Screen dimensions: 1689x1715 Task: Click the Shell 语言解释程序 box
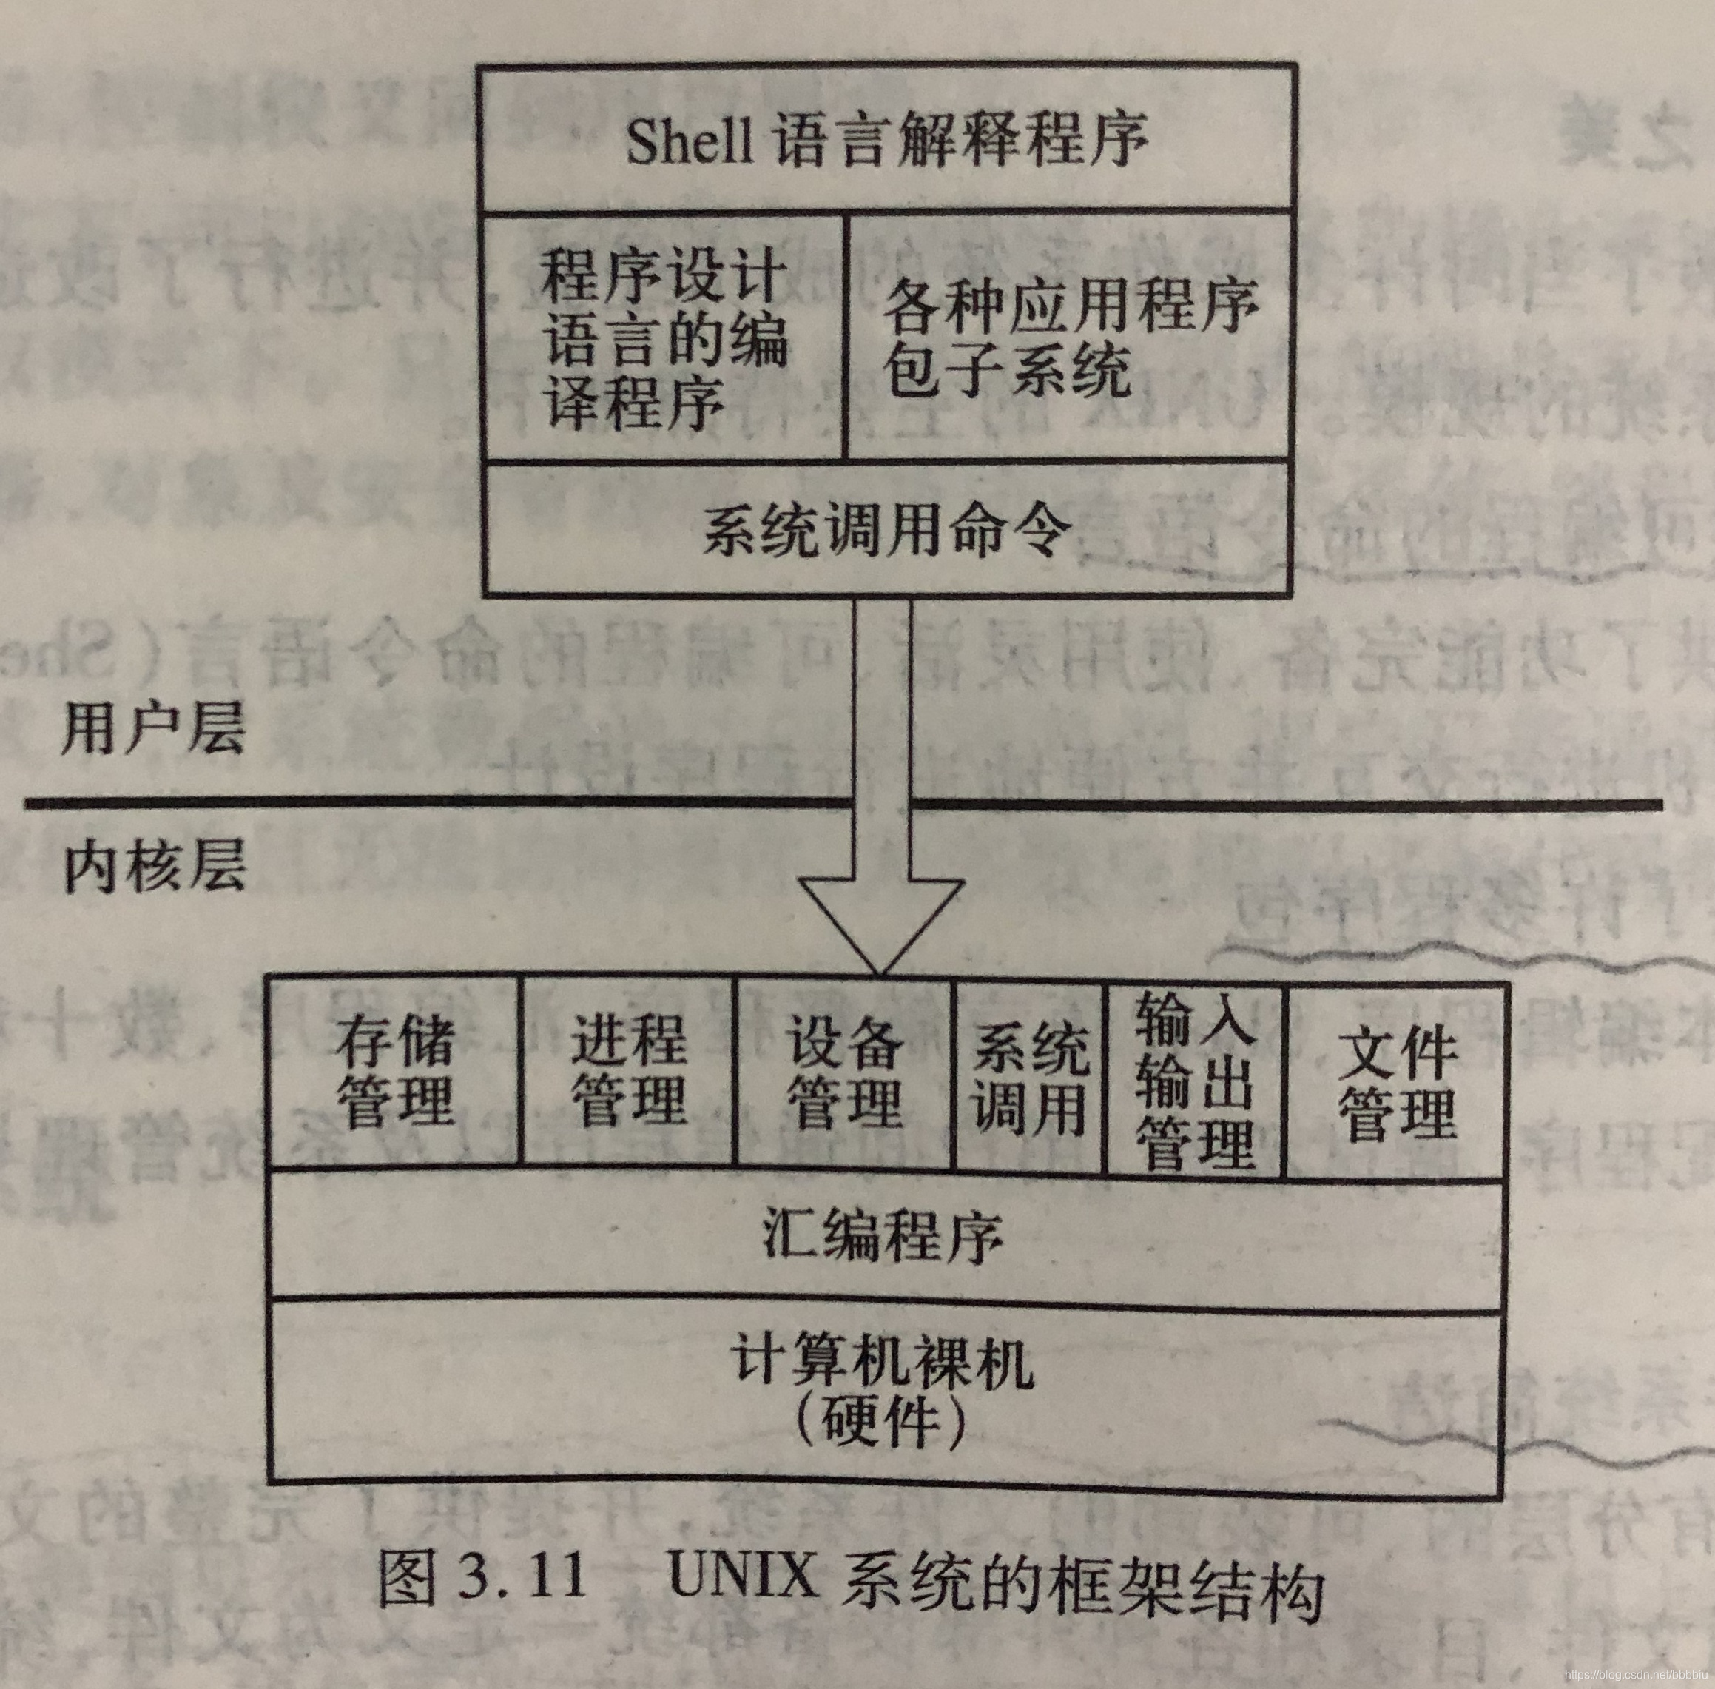(887, 139)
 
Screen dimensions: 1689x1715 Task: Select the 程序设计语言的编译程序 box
(664, 337)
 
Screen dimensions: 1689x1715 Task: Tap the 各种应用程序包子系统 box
(1068, 337)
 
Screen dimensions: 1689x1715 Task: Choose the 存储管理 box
(394, 1072)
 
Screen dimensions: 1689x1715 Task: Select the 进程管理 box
(628, 1072)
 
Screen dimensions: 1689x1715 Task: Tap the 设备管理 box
(844, 1072)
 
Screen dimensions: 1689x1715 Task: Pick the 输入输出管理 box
(1194, 1077)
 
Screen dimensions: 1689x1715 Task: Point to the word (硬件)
(878, 1422)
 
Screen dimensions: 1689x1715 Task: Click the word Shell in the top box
(688, 140)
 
